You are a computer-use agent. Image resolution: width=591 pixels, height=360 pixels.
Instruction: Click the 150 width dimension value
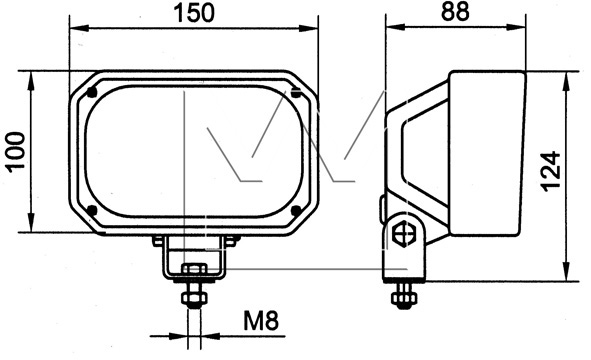pyautogui.click(x=194, y=13)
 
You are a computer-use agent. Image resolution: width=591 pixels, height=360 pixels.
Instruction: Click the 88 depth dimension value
pyautogui.click(x=455, y=11)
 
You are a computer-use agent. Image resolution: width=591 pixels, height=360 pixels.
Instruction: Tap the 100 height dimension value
pyautogui.click(x=16, y=152)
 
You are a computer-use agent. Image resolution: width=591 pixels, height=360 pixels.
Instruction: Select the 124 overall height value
pyautogui.click(x=551, y=172)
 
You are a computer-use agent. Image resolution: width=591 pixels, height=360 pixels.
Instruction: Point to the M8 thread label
pyautogui.click(x=261, y=321)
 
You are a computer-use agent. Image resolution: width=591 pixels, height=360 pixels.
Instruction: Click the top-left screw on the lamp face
pyautogui.click(x=92, y=92)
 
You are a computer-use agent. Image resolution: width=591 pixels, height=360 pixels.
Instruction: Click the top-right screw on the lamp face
pyautogui.click(x=296, y=92)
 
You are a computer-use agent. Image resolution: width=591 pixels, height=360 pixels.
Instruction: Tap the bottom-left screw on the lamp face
pyautogui.click(x=92, y=210)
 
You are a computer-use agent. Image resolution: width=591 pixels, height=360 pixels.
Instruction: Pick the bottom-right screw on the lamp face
pyautogui.click(x=296, y=210)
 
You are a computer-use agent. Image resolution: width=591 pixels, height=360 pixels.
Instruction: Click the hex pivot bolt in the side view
pyautogui.click(x=403, y=235)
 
